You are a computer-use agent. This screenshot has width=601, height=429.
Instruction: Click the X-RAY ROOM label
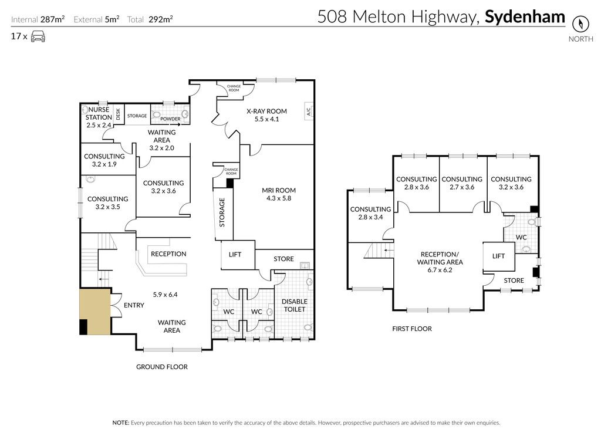(266, 111)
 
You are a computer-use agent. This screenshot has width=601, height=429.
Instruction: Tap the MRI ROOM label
(279, 190)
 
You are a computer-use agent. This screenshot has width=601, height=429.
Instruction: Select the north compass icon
(580, 24)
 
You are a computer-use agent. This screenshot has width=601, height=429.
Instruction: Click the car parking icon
(38, 36)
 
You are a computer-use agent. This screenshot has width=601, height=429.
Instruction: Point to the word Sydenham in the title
(525, 17)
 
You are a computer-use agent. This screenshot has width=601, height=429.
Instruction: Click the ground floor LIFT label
(235, 254)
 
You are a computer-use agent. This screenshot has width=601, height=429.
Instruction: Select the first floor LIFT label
(498, 256)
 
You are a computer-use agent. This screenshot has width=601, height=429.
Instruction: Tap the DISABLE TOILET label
(295, 305)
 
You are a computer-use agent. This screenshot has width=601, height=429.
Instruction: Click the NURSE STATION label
(99, 113)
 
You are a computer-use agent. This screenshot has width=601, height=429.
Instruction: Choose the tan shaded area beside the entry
(96, 311)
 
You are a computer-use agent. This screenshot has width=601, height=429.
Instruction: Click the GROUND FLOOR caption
(162, 367)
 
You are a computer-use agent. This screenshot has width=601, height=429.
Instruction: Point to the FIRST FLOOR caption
(412, 329)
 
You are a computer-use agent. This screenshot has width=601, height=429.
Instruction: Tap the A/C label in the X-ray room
(309, 111)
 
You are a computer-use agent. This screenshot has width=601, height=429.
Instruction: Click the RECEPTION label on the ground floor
(168, 254)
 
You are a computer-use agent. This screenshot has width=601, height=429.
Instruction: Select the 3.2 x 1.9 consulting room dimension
(104, 164)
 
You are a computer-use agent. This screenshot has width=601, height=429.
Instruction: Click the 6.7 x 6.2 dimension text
(440, 270)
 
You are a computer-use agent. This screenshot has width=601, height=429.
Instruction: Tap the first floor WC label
(521, 237)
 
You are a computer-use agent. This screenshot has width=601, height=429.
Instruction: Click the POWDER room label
(170, 119)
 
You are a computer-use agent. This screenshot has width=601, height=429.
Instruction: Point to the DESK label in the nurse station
(118, 114)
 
